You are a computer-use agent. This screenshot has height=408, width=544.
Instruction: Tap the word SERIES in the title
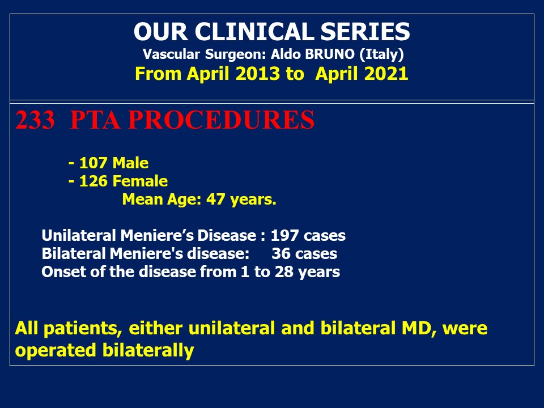tap(365, 32)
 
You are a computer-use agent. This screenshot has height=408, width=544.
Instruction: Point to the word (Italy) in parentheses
tap(381, 54)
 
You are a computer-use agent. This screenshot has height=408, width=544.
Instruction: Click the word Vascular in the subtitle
tap(171, 54)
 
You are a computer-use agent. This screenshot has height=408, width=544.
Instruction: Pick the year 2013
tap(257, 74)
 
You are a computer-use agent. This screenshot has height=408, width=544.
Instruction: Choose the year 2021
tap(386, 74)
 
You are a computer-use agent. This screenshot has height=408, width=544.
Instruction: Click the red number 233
tap(35, 120)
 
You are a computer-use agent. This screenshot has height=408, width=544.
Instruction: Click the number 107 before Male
tap(93, 163)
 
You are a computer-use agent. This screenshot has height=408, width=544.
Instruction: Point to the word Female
tap(140, 181)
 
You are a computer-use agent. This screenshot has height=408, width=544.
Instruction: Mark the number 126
tap(93, 181)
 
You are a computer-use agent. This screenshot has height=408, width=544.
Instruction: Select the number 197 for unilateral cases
tap(284, 235)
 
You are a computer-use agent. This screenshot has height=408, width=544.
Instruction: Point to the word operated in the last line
tap(56, 350)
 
